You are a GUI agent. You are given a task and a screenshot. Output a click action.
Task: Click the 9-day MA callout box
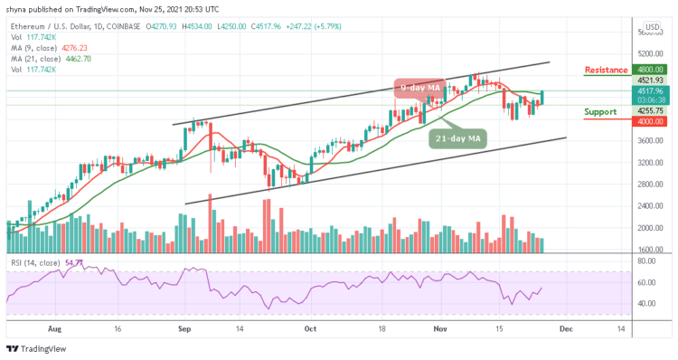pyautogui.click(x=419, y=87)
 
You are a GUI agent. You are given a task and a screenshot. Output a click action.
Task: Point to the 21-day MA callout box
pyautogui.click(x=457, y=137)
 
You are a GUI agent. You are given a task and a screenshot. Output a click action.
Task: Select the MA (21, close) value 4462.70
pyautogui.click(x=76, y=58)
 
